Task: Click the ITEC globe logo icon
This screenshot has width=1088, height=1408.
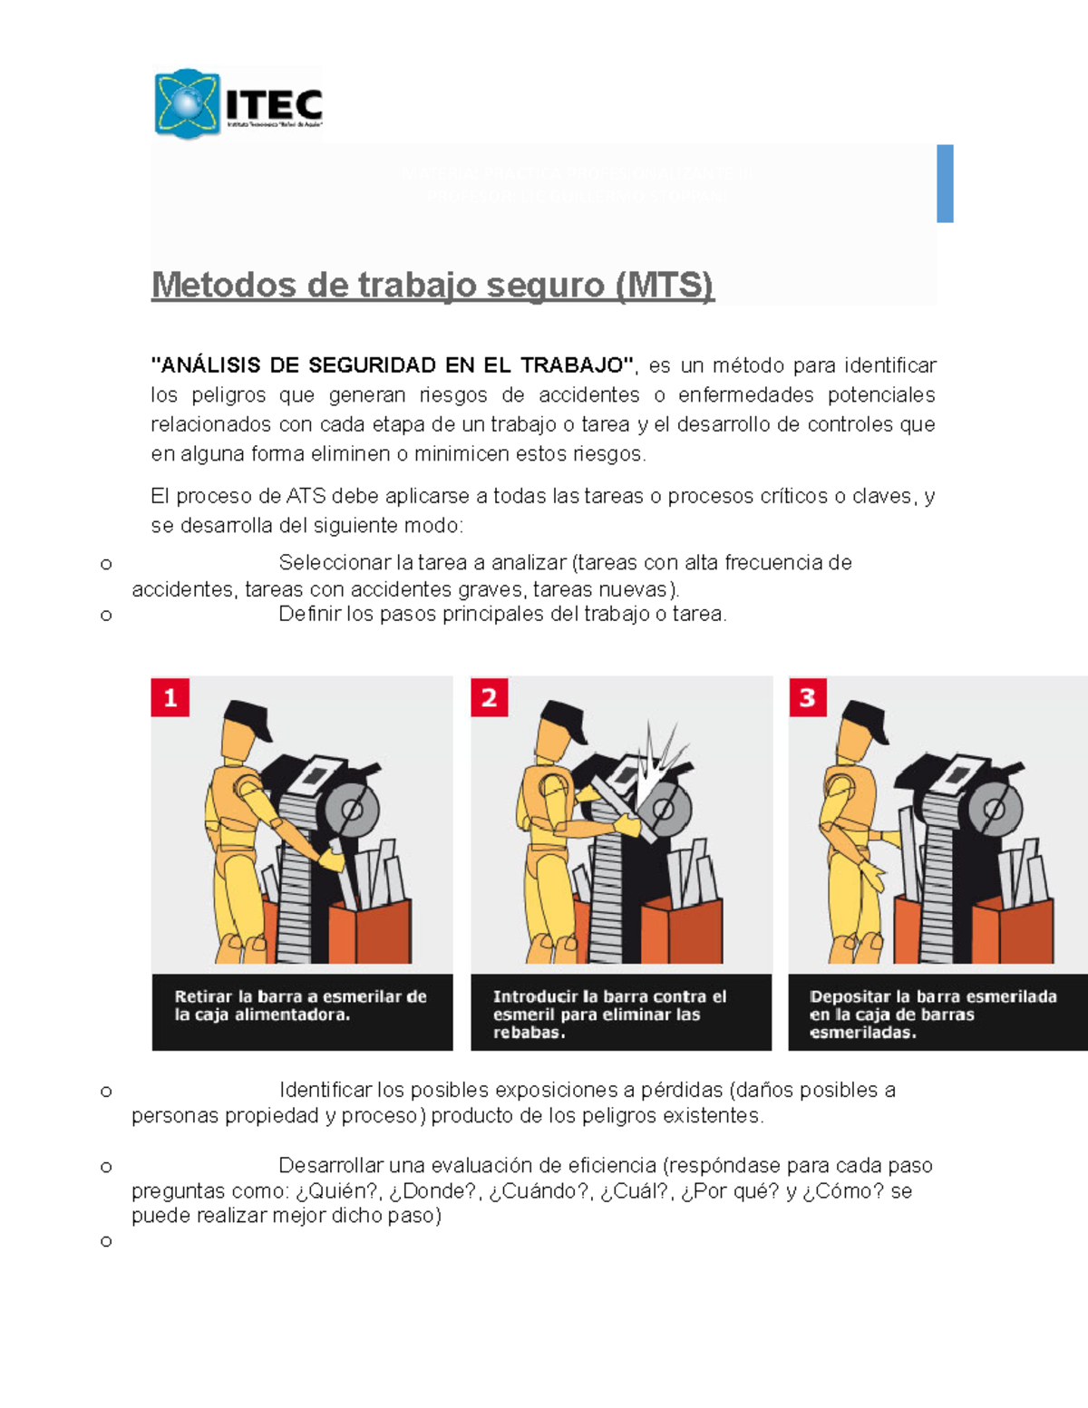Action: point(187,102)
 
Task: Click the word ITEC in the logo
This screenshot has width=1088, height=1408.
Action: point(274,102)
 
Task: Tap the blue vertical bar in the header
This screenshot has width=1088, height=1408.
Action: point(945,183)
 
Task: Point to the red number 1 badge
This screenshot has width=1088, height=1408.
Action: point(170,697)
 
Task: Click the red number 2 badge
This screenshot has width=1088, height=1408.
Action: point(489,697)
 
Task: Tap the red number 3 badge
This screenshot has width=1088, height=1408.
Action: point(807,697)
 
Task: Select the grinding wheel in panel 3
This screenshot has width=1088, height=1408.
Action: point(991,810)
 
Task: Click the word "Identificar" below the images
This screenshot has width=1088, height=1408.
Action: point(325,1090)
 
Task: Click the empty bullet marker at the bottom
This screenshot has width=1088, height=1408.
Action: point(106,1241)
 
